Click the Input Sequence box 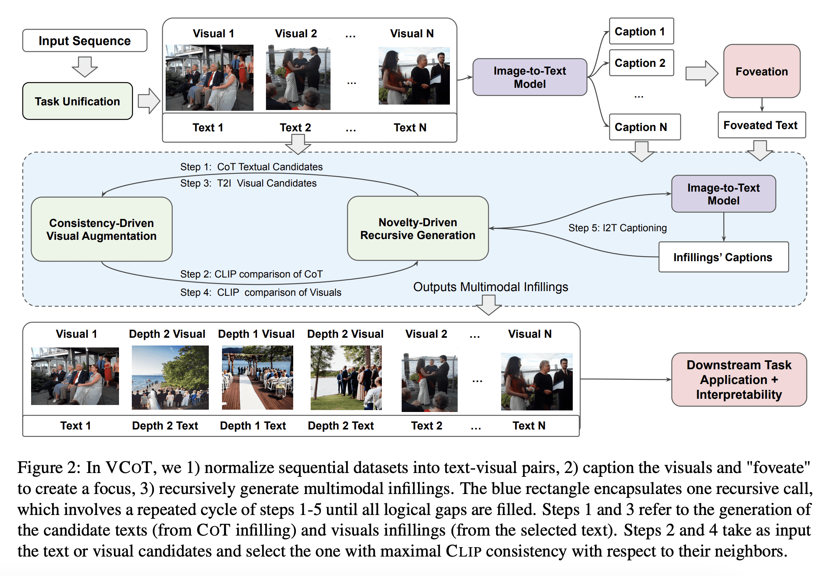click(x=85, y=40)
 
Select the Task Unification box click(x=77, y=101)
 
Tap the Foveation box click(x=762, y=71)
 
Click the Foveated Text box click(x=762, y=125)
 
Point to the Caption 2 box click(x=641, y=63)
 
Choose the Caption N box click(x=645, y=127)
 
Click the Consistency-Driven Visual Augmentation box click(x=101, y=229)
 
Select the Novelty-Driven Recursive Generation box click(x=418, y=229)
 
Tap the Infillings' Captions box click(x=724, y=257)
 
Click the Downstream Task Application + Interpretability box click(x=739, y=379)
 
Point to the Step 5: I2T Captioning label click(x=617, y=228)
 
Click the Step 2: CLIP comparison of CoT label click(x=252, y=274)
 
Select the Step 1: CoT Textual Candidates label click(x=252, y=167)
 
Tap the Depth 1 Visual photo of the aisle click(x=257, y=377)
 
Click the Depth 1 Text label click(x=253, y=426)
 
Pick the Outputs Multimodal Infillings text click(x=490, y=287)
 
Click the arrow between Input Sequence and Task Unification click(x=85, y=67)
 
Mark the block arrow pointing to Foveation click(x=702, y=73)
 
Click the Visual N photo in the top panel click(x=414, y=76)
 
